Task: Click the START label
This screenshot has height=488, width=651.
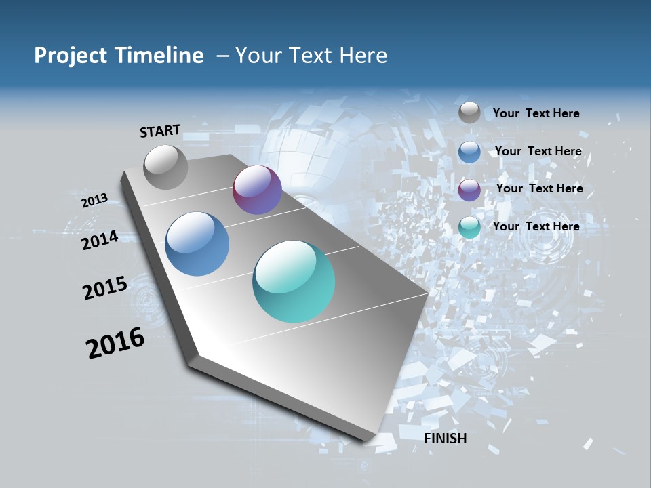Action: [x=160, y=131]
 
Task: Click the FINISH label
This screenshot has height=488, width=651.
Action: [x=445, y=439]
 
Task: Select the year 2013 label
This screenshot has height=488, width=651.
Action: [x=94, y=201]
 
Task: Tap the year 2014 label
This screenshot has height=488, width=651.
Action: [x=100, y=240]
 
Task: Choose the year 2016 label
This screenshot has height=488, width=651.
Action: [x=115, y=343]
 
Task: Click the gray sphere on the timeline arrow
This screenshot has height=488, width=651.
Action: [x=166, y=167]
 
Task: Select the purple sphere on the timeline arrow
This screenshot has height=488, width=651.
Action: [x=257, y=190]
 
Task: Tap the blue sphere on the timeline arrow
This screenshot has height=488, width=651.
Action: [x=197, y=244]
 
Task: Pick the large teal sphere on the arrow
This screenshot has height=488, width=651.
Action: [x=294, y=281]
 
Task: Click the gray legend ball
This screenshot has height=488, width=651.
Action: [x=469, y=113]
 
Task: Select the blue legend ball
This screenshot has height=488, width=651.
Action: [x=469, y=152]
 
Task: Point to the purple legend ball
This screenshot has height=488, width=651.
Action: [x=469, y=190]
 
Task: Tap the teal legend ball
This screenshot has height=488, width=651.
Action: [x=469, y=227]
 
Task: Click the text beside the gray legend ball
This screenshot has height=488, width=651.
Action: [x=536, y=113]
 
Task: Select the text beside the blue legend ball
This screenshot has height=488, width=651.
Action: [x=538, y=151]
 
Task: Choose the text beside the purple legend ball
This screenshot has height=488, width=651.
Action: [x=539, y=188]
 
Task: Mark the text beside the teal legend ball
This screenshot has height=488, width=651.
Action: [x=536, y=226]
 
